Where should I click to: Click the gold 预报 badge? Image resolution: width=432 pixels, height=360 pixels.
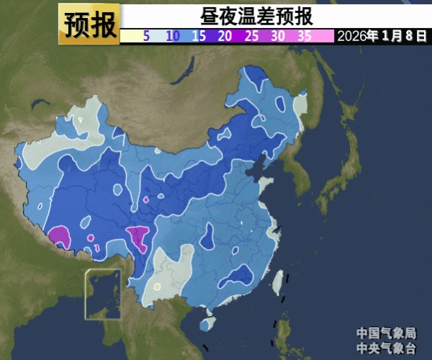(89, 24)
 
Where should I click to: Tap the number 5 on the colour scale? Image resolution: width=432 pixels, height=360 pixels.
(146, 35)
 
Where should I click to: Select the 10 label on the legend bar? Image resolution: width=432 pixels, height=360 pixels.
(173, 35)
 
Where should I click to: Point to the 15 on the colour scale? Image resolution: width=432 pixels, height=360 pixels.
(199, 35)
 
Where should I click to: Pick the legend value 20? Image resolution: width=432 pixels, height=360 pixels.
(225, 35)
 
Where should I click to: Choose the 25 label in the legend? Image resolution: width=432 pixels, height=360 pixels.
(252, 35)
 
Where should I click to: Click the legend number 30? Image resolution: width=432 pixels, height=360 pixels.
(278, 35)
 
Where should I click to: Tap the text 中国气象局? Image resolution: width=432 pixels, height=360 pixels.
(386, 333)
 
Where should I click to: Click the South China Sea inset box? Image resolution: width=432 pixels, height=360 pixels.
(103, 294)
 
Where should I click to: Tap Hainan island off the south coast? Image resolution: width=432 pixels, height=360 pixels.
(207, 325)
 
